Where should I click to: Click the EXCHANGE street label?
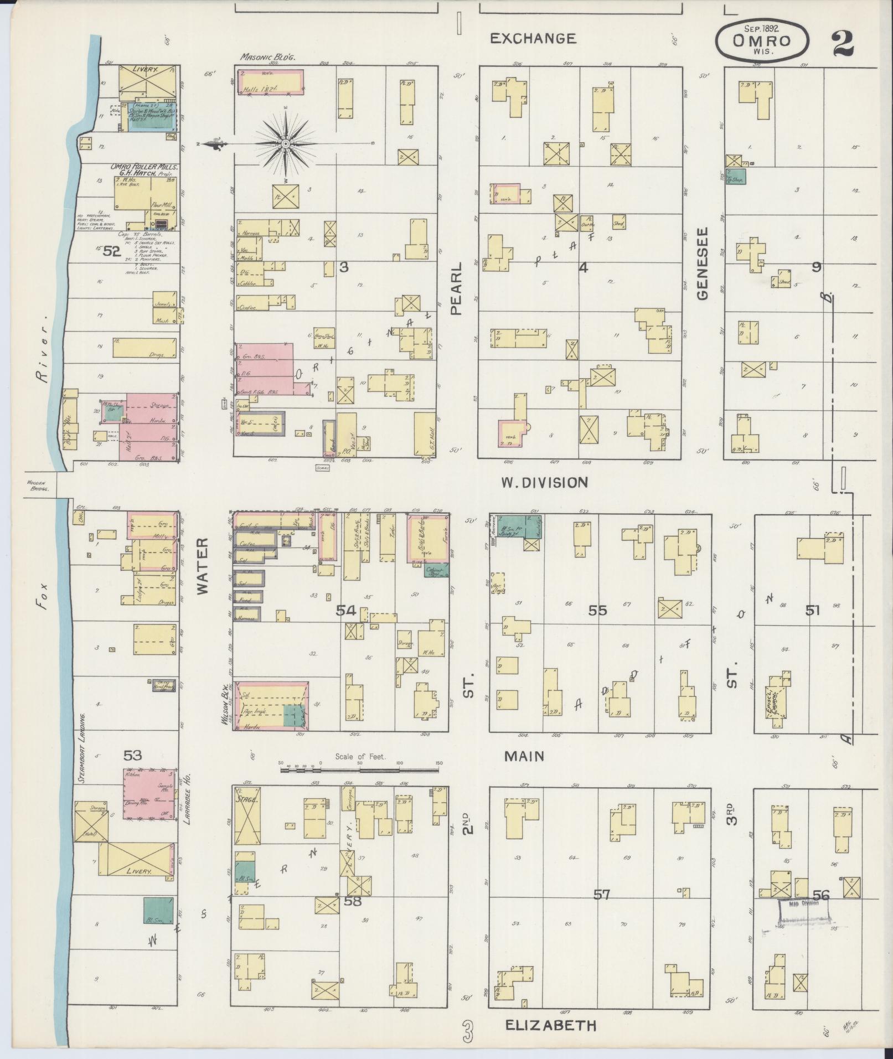(533, 38)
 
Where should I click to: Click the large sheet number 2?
(842, 43)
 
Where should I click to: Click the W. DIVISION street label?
(544, 483)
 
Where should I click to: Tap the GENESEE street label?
(703, 264)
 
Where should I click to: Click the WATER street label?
(202, 566)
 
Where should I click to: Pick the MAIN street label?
(524, 756)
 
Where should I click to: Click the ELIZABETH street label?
(551, 1025)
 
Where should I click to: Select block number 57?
(601, 894)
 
